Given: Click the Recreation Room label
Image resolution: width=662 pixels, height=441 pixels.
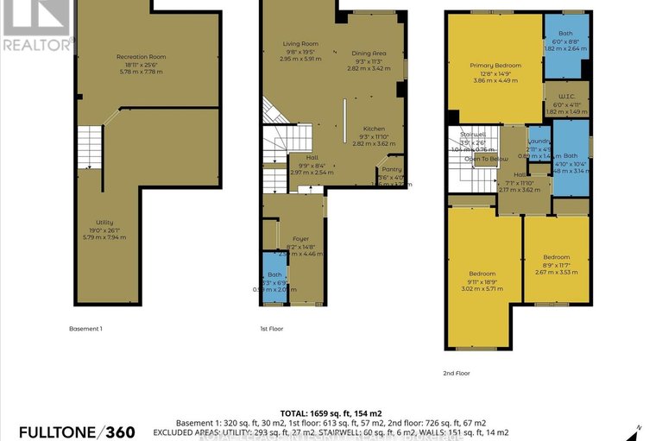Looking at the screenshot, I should [141, 57].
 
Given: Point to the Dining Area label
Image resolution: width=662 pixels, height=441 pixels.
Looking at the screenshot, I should [368, 54].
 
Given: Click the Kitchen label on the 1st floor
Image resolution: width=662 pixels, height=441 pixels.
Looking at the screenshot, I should [374, 129].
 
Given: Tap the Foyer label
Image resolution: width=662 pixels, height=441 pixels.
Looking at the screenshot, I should [300, 239].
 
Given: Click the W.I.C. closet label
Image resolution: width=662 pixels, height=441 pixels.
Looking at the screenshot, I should [566, 97].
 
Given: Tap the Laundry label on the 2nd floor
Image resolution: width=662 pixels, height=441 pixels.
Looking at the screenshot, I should [539, 142].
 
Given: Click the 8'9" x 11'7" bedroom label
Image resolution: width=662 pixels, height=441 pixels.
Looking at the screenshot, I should [556, 257].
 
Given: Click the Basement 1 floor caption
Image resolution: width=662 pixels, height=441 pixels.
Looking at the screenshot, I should [85, 329].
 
